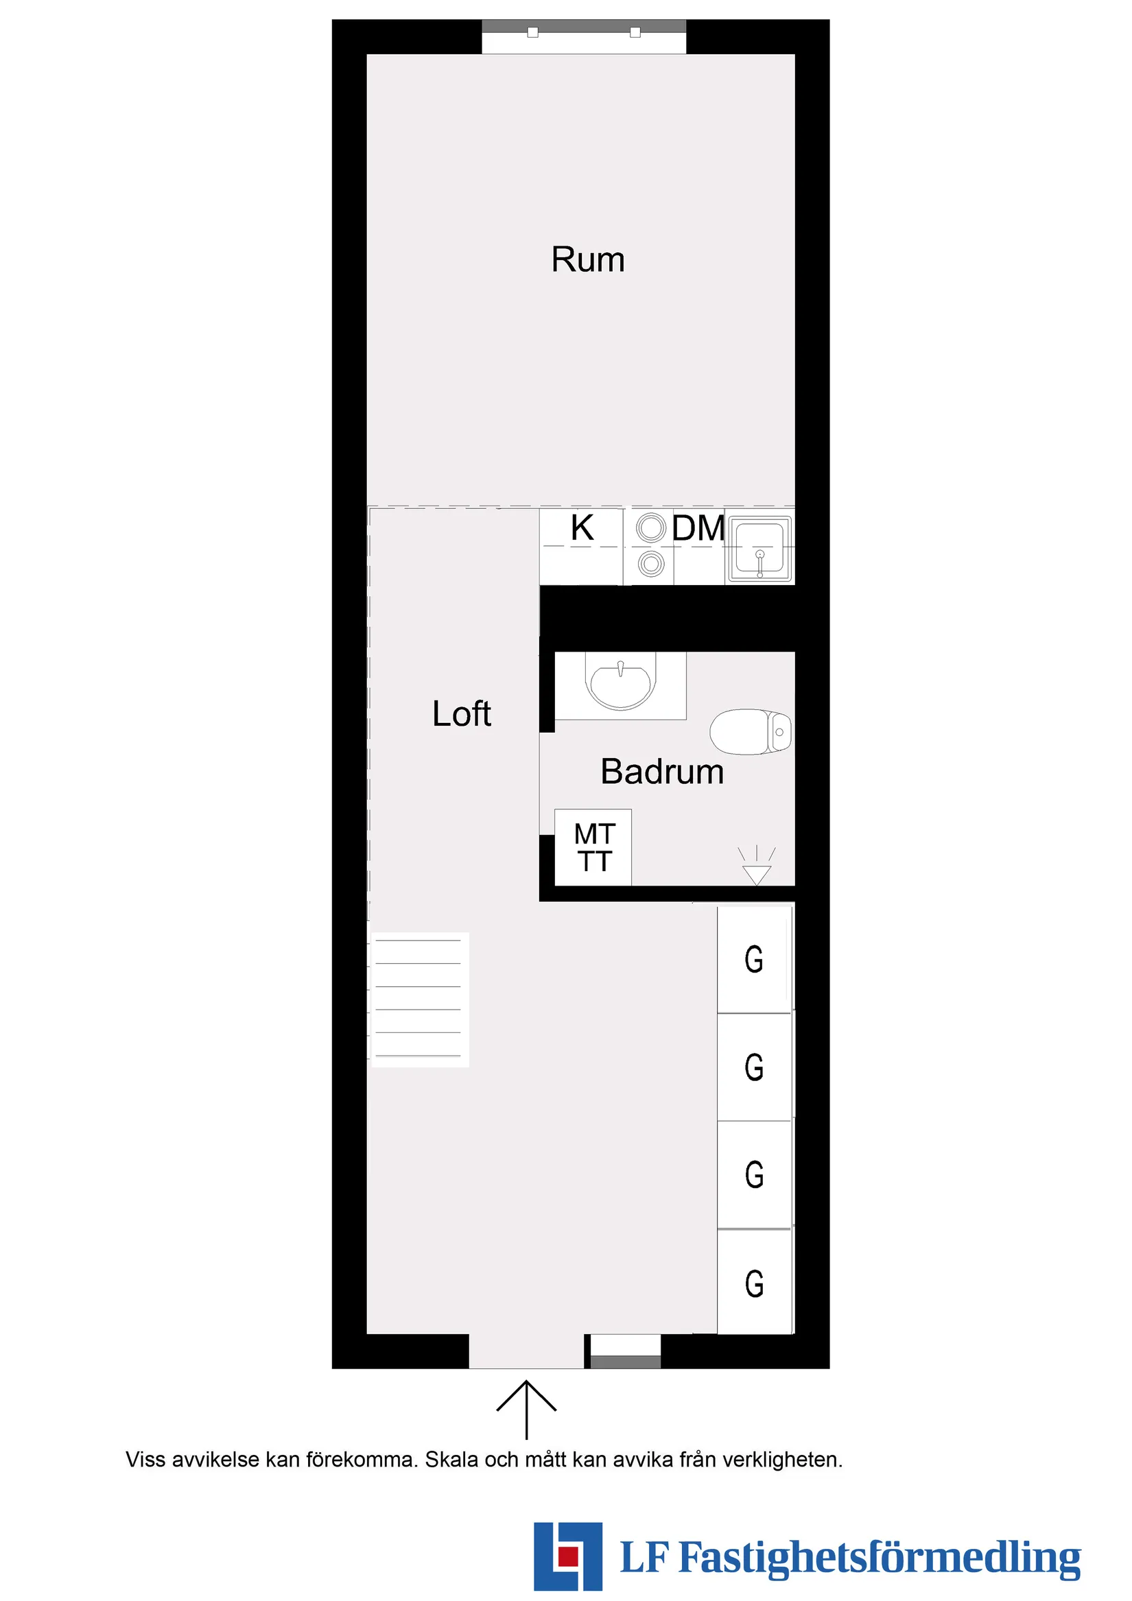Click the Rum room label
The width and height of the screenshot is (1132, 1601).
tap(587, 259)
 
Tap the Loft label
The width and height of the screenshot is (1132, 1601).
tap(461, 713)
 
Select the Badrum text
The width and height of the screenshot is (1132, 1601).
tap(662, 771)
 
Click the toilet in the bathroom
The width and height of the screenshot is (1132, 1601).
tap(751, 731)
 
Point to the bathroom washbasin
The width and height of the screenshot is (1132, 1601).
tap(621, 685)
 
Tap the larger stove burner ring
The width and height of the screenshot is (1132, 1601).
tap(651, 528)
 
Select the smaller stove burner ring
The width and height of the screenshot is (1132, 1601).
tap(651, 562)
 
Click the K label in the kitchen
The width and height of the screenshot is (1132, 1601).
tap(582, 528)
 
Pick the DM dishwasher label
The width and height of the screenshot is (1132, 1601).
tap(698, 528)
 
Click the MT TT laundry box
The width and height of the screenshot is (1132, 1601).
tap(593, 847)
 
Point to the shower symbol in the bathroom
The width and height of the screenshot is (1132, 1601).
tap(756, 867)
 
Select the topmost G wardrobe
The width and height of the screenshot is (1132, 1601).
tap(754, 959)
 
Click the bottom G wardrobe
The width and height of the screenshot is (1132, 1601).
tap(754, 1283)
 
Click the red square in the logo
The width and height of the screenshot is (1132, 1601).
tap(569, 1556)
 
